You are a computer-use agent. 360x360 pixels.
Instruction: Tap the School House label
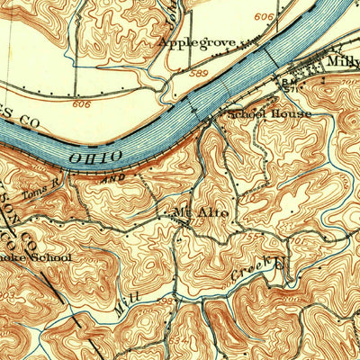270,114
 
